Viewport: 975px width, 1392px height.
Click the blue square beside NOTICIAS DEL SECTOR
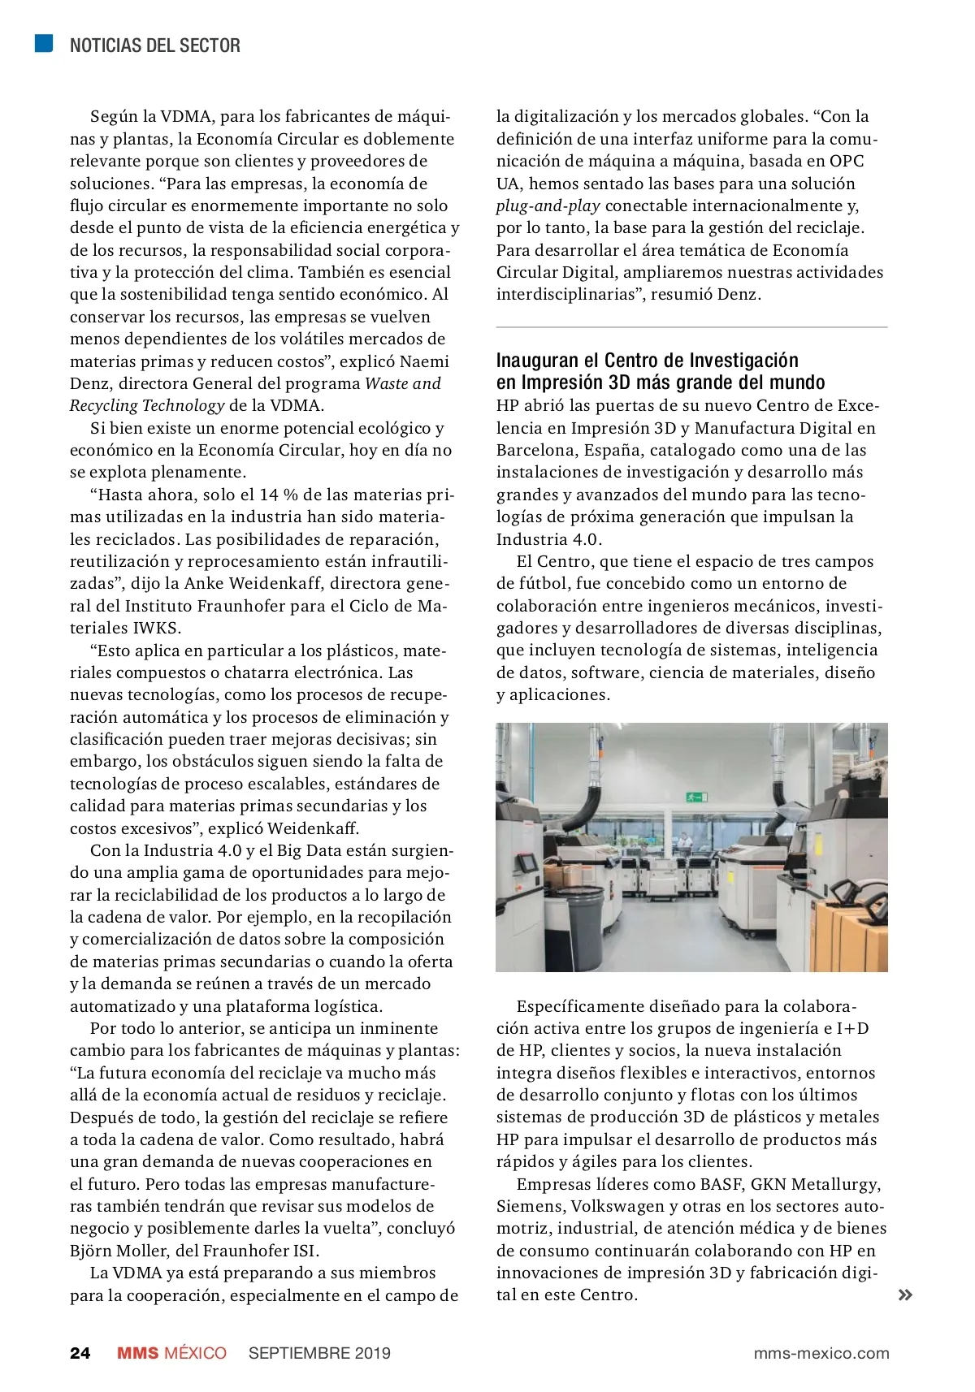tap(44, 43)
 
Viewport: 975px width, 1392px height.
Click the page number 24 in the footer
tap(80, 1353)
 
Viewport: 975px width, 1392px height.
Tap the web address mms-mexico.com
tap(821, 1353)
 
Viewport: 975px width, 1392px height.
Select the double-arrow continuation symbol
tap(904, 1295)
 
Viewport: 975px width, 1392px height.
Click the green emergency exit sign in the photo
tap(696, 797)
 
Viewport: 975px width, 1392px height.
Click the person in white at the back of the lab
tap(685, 841)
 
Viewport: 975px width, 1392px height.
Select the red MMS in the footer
tap(137, 1353)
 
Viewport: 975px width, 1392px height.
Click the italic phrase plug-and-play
tap(548, 205)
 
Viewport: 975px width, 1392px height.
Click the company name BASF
tap(721, 1184)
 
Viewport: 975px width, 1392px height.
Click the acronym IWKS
tap(156, 628)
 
